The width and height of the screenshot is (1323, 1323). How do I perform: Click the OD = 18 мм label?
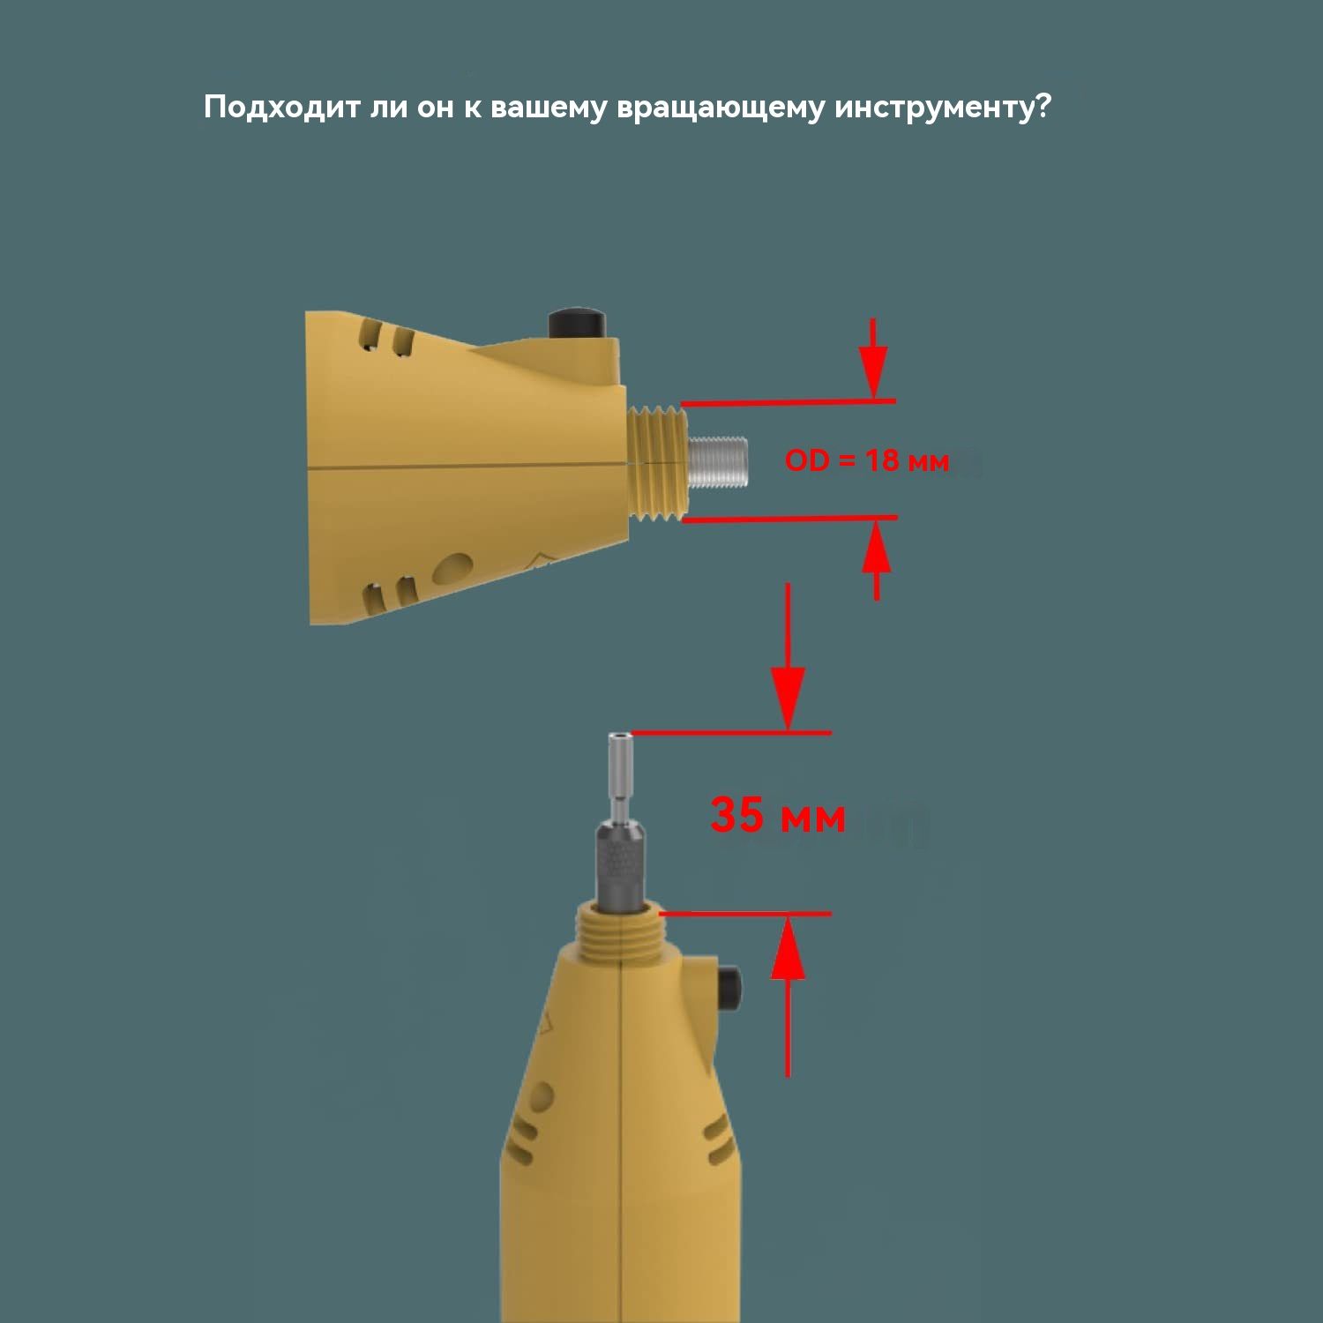867,460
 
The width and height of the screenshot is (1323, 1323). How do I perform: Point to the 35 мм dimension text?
778,815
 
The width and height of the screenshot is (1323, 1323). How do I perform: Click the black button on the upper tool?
577,323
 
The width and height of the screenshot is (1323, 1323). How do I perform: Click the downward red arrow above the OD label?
873,359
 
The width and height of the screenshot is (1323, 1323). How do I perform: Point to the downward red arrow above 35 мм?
788,657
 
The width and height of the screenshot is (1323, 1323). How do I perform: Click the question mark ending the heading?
1042,107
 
